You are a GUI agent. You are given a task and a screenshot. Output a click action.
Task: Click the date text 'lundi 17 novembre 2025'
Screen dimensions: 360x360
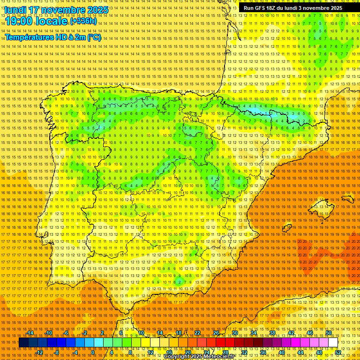coord(56,10)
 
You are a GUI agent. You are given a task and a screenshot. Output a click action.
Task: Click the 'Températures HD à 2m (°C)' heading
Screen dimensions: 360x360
coord(53,37)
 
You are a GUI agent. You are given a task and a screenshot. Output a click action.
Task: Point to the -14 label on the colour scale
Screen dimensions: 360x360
coord(30,333)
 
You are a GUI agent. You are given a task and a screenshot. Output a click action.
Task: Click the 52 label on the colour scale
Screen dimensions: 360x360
coord(338,352)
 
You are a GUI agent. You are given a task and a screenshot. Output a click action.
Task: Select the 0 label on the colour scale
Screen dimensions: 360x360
coord(93,352)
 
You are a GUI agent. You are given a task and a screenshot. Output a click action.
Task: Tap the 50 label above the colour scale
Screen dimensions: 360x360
coord(329,333)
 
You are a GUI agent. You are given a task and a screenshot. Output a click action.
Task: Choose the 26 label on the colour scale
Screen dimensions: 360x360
coord(216,333)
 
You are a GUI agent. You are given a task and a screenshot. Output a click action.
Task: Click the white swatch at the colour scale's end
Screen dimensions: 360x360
coord(333,343)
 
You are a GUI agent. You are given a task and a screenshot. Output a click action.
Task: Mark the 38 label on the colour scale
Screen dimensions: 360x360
coord(272,333)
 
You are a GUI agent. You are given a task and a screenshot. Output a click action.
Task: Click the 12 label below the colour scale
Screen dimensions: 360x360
coord(150,352)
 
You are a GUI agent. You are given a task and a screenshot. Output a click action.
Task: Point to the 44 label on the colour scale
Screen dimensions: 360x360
coord(300,352)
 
